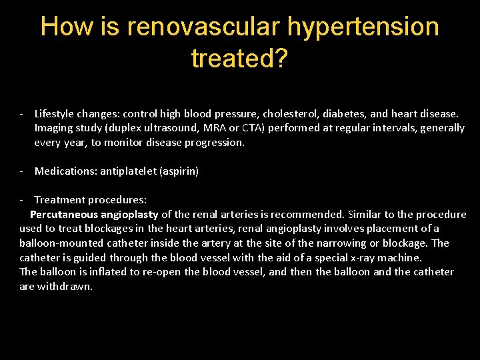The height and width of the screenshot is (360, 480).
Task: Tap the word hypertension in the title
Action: pos(363,27)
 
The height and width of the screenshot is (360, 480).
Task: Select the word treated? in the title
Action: pos(239,59)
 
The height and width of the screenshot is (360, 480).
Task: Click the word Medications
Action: pos(65,171)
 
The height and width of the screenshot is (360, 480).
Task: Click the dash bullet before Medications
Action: pos(22,171)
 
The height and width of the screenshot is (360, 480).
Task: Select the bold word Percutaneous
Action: pos(65,215)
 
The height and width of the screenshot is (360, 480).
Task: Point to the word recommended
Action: pos(313,215)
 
